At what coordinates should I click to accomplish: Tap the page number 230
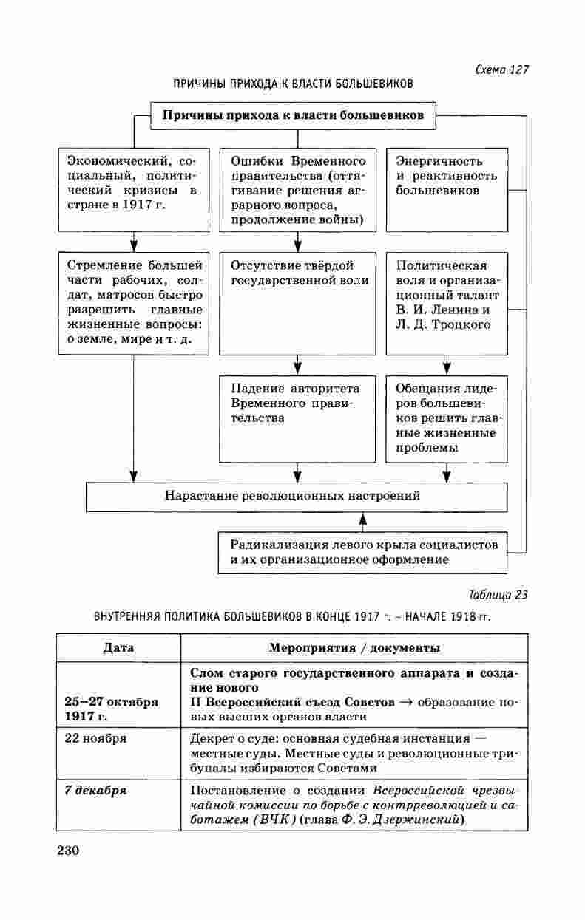pyautogui.click(x=67, y=850)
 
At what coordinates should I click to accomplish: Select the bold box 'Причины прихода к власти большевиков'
pyautogui.click(x=293, y=116)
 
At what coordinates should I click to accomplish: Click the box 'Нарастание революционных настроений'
pyautogui.click(x=297, y=496)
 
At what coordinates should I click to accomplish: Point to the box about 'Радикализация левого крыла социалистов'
pyautogui.click(x=363, y=552)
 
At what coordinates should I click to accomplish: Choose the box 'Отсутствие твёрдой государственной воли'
pyautogui.click(x=297, y=303)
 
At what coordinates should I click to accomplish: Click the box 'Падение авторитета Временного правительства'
pyautogui.click(x=297, y=418)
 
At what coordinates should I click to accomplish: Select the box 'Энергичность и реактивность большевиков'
pyautogui.click(x=447, y=189)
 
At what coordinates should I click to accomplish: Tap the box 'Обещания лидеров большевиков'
pyautogui.click(x=447, y=418)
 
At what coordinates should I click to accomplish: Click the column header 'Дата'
pyautogui.click(x=118, y=648)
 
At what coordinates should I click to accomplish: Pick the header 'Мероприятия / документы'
pyautogui.click(x=354, y=648)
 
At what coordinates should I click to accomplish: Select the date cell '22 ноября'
pyautogui.click(x=95, y=738)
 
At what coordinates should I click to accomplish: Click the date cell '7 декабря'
pyautogui.click(x=95, y=790)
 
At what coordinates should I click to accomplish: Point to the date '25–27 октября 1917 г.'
pyautogui.click(x=111, y=709)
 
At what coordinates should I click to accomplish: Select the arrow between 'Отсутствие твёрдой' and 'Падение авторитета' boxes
pyautogui.click(x=297, y=365)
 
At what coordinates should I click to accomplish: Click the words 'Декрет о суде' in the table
pyautogui.click(x=226, y=738)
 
